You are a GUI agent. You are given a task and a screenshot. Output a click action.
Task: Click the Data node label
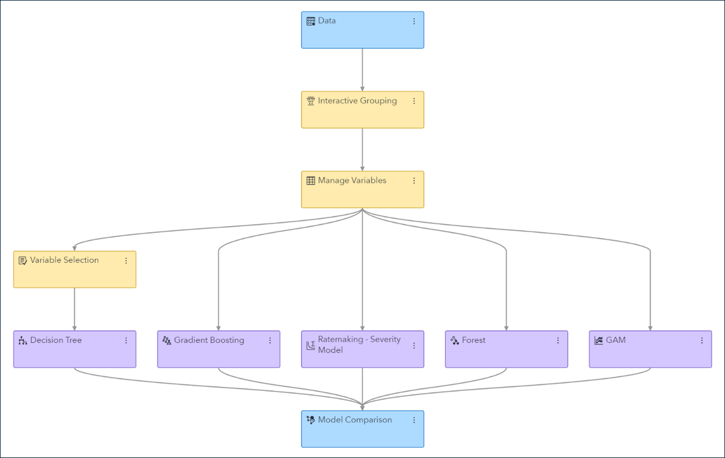tap(326, 21)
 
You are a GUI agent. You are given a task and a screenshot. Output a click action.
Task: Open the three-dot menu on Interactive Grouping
tap(414, 101)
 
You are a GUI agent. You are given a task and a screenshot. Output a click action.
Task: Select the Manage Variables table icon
tap(311, 181)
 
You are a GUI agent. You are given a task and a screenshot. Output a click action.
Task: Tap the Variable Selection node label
tap(64, 260)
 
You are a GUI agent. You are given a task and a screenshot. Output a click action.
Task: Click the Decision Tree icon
tap(23, 341)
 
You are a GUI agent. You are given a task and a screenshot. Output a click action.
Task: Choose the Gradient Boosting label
tap(209, 340)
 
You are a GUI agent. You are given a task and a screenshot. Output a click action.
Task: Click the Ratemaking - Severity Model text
tap(359, 345)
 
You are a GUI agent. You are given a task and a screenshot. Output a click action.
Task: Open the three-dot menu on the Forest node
tap(558, 340)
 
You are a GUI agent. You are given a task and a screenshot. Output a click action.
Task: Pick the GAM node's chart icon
tap(599, 341)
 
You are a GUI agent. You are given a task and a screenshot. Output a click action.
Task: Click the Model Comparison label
tap(355, 420)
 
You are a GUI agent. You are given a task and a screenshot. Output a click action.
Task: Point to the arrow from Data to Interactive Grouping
tap(363, 70)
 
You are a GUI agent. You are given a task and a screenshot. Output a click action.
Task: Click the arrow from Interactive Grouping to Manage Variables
tap(363, 150)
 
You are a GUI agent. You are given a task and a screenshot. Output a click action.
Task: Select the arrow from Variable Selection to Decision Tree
tap(74, 309)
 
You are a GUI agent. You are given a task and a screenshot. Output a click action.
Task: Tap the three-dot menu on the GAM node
tap(702, 340)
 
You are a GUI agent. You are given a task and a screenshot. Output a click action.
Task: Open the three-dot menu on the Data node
tap(414, 21)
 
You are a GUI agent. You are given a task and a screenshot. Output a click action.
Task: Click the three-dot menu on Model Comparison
tap(414, 420)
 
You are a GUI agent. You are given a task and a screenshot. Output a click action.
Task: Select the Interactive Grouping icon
tap(311, 102)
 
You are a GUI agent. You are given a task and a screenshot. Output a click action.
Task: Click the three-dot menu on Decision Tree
tap(126, 340)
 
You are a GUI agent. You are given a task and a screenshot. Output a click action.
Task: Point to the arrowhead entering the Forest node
tap(506, 328)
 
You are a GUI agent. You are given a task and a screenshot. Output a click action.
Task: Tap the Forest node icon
tap(454, 341)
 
